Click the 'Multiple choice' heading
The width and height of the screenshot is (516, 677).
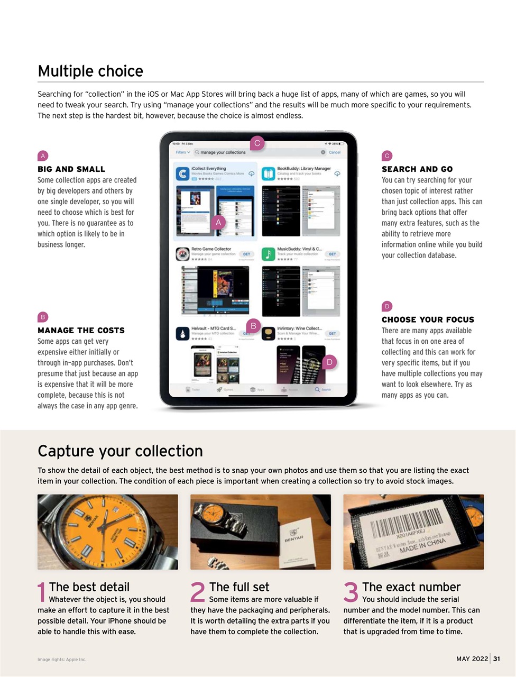[90, 71]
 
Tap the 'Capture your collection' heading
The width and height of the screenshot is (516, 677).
[120, 451]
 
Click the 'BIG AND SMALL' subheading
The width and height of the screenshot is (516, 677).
[71, 169]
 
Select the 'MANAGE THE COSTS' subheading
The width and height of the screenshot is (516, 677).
[81, 331]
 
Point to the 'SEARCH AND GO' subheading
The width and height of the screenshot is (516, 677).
[417, 169]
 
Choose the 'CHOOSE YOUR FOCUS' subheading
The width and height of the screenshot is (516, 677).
[428, 319]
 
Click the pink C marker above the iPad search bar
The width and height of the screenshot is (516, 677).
[257, 143]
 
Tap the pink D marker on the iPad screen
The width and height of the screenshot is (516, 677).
[329, 362]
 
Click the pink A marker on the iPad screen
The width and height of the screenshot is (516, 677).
[218, 223]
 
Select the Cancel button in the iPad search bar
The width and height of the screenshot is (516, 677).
[335, 152]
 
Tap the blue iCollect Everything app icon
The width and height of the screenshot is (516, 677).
[182, 173]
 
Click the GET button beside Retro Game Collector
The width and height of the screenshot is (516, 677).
[246, 254]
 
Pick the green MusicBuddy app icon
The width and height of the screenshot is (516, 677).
[269, 254]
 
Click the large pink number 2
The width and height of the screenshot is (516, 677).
[197, 593]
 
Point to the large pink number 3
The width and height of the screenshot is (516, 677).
[351, 593]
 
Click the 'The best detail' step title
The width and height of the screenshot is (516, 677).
[89, 587]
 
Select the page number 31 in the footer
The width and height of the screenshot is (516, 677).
[496, 658]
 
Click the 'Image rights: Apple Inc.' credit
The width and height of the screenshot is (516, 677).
[62, 660]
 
